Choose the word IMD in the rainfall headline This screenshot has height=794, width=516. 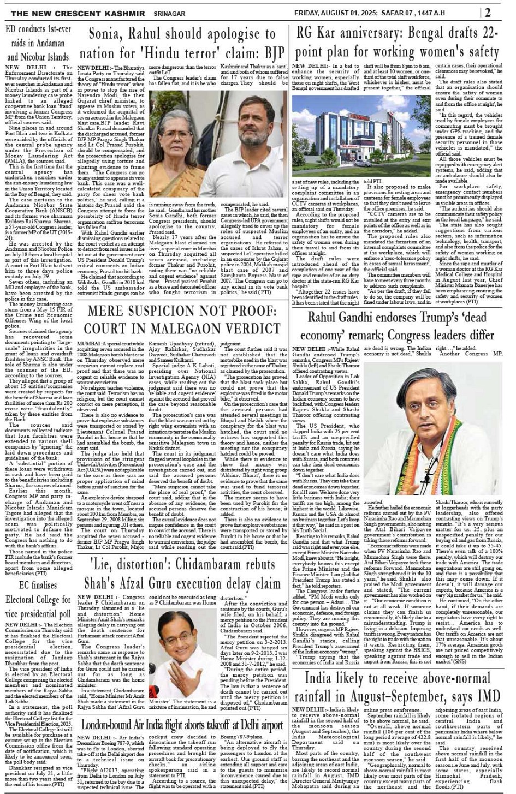click(489, 695)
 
